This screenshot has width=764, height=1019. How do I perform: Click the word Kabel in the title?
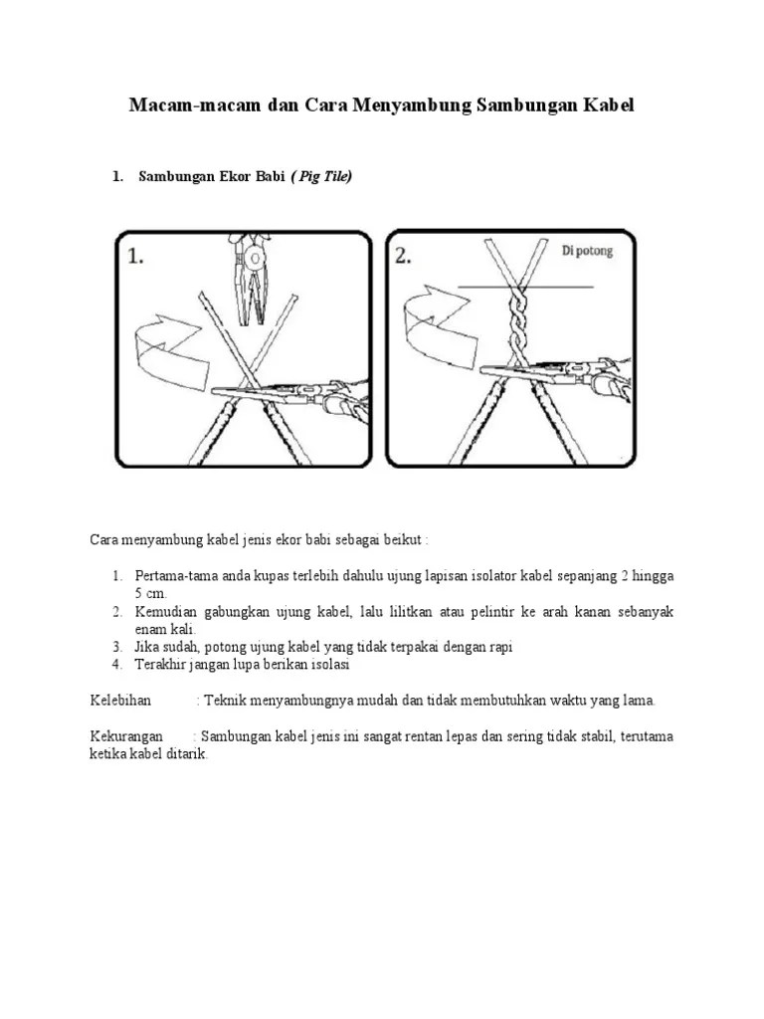pos(609,105)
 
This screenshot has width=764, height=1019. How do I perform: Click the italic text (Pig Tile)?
pos(321,176)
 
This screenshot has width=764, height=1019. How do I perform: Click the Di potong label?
pos(587,251)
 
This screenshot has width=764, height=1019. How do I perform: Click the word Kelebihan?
pos(120,701)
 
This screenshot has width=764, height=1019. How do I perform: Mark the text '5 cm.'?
pos(151,593)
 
